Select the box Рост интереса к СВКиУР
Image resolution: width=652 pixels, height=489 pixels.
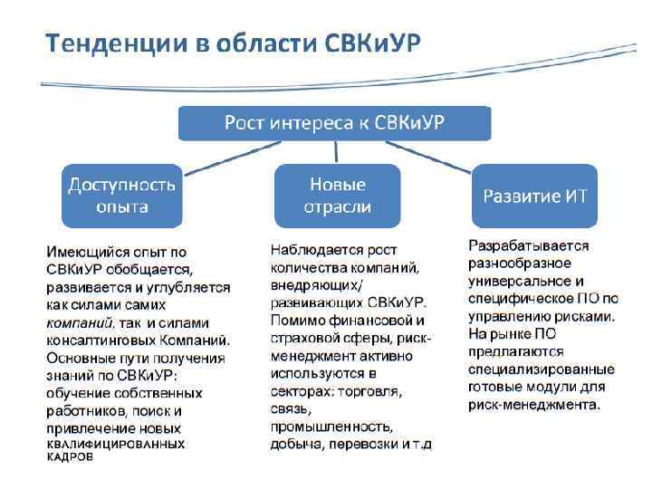coord(334,122)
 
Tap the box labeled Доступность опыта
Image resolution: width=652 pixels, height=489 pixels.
coord(122,195)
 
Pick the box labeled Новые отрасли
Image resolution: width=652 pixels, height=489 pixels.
coord(338,195)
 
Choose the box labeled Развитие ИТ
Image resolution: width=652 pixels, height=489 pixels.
coord(534,196)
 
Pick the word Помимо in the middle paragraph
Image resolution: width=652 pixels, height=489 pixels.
coord(294,321)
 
